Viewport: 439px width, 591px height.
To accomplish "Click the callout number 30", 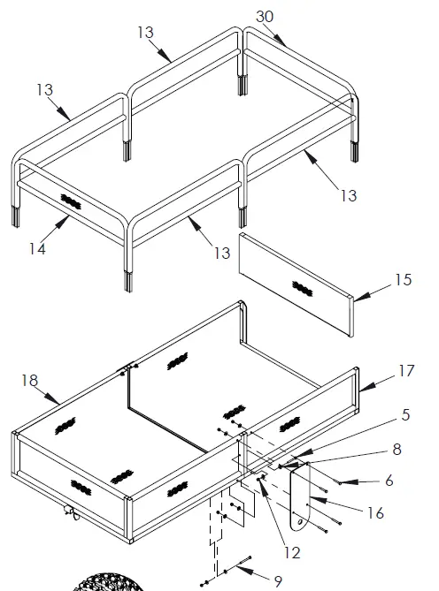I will [x=265, y=17].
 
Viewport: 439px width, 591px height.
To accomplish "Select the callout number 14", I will [x=36, y=249].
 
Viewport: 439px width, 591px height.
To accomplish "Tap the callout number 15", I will [x=403, y=280].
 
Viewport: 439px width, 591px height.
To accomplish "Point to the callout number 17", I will [x=405, y=371].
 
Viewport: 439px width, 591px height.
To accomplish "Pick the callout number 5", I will [x=404, y=413].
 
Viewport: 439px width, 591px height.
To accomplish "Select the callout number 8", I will [x=397, y=449].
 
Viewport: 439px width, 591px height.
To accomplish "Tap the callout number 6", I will [x=389, y=481].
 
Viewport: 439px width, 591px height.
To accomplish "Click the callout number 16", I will [x=375, y=512].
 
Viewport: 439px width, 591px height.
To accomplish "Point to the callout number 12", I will [x=292, y=553].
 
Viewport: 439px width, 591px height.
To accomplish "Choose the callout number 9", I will [x=278, y=580].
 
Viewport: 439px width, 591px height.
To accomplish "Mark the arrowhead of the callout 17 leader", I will [x=361, y=388].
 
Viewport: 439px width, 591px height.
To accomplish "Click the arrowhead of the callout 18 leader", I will [x=60, y=405].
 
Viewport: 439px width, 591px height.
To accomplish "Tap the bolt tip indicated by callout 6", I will [x=340, y=482].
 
